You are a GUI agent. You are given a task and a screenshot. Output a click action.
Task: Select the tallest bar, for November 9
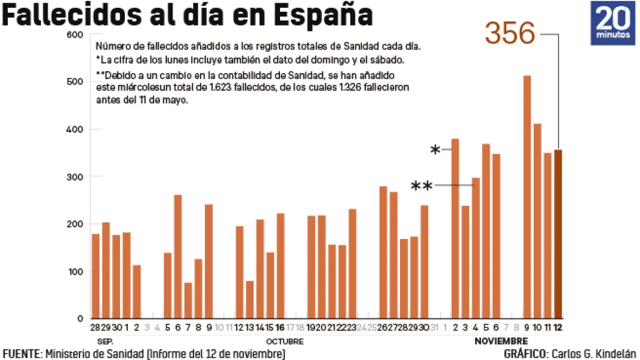click(x=527, y=197)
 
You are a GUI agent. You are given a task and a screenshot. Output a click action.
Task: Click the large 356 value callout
click(x=509, y=35)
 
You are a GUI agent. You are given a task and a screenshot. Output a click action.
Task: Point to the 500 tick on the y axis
click(x=76, y=82)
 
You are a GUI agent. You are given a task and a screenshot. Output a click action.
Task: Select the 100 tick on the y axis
click(x=76, y=271)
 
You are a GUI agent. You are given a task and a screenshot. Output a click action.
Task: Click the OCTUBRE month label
click(x=285, y=341)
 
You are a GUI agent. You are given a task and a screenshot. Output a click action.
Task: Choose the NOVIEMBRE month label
click(x=501, y=341)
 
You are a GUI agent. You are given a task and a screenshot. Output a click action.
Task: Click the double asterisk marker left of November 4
click(x=421, y=187)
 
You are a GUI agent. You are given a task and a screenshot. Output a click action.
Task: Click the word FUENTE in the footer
click(x=22, y=354)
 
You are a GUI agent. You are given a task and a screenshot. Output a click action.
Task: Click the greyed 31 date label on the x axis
click(x=435, y=326)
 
